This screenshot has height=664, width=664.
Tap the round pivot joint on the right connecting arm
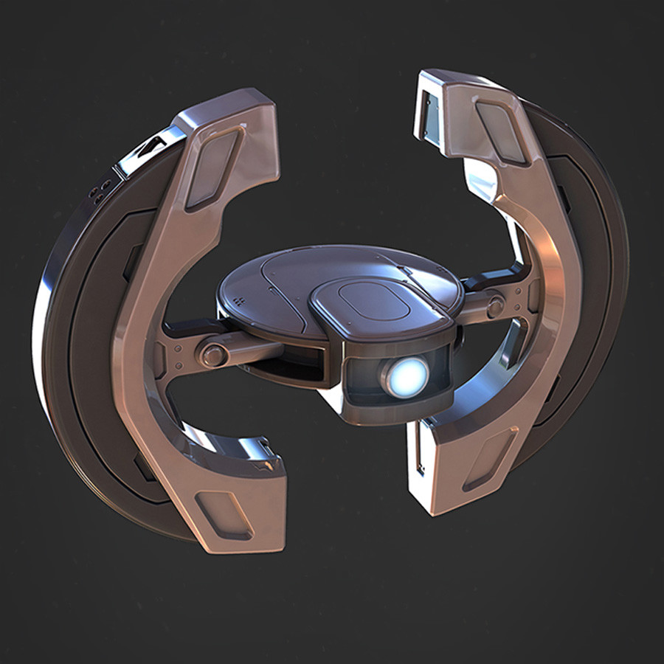click(495, 305)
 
